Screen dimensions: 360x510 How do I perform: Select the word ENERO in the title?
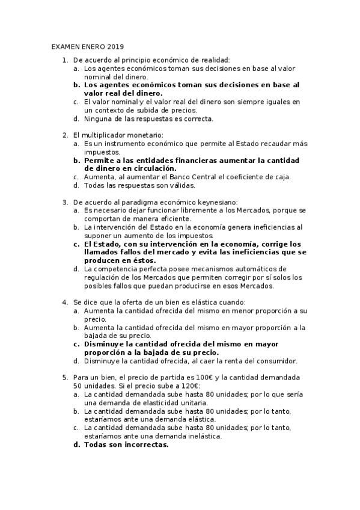(x=92, y=46)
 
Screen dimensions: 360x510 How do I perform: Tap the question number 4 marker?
(x=65, y=302)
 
